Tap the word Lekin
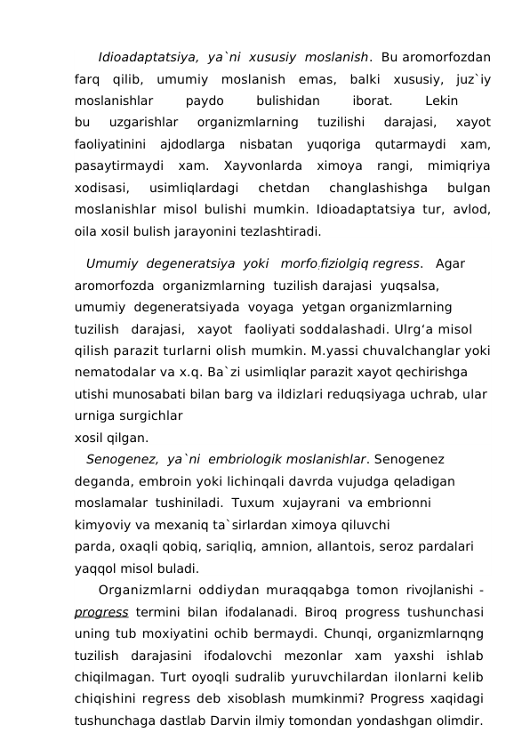[442, 101]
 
